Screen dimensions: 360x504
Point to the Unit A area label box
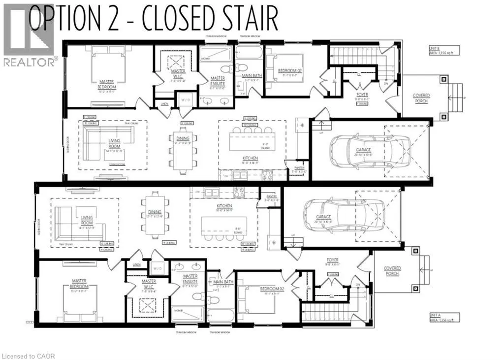point(444,317)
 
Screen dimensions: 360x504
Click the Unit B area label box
point(444,51)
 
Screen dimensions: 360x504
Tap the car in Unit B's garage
point(369,148)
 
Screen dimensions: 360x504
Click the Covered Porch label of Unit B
point(421,98)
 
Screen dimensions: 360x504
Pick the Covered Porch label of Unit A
point(392,271)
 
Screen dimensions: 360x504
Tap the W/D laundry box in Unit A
point(157,268)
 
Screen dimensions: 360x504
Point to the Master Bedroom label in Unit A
point(79,284)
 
